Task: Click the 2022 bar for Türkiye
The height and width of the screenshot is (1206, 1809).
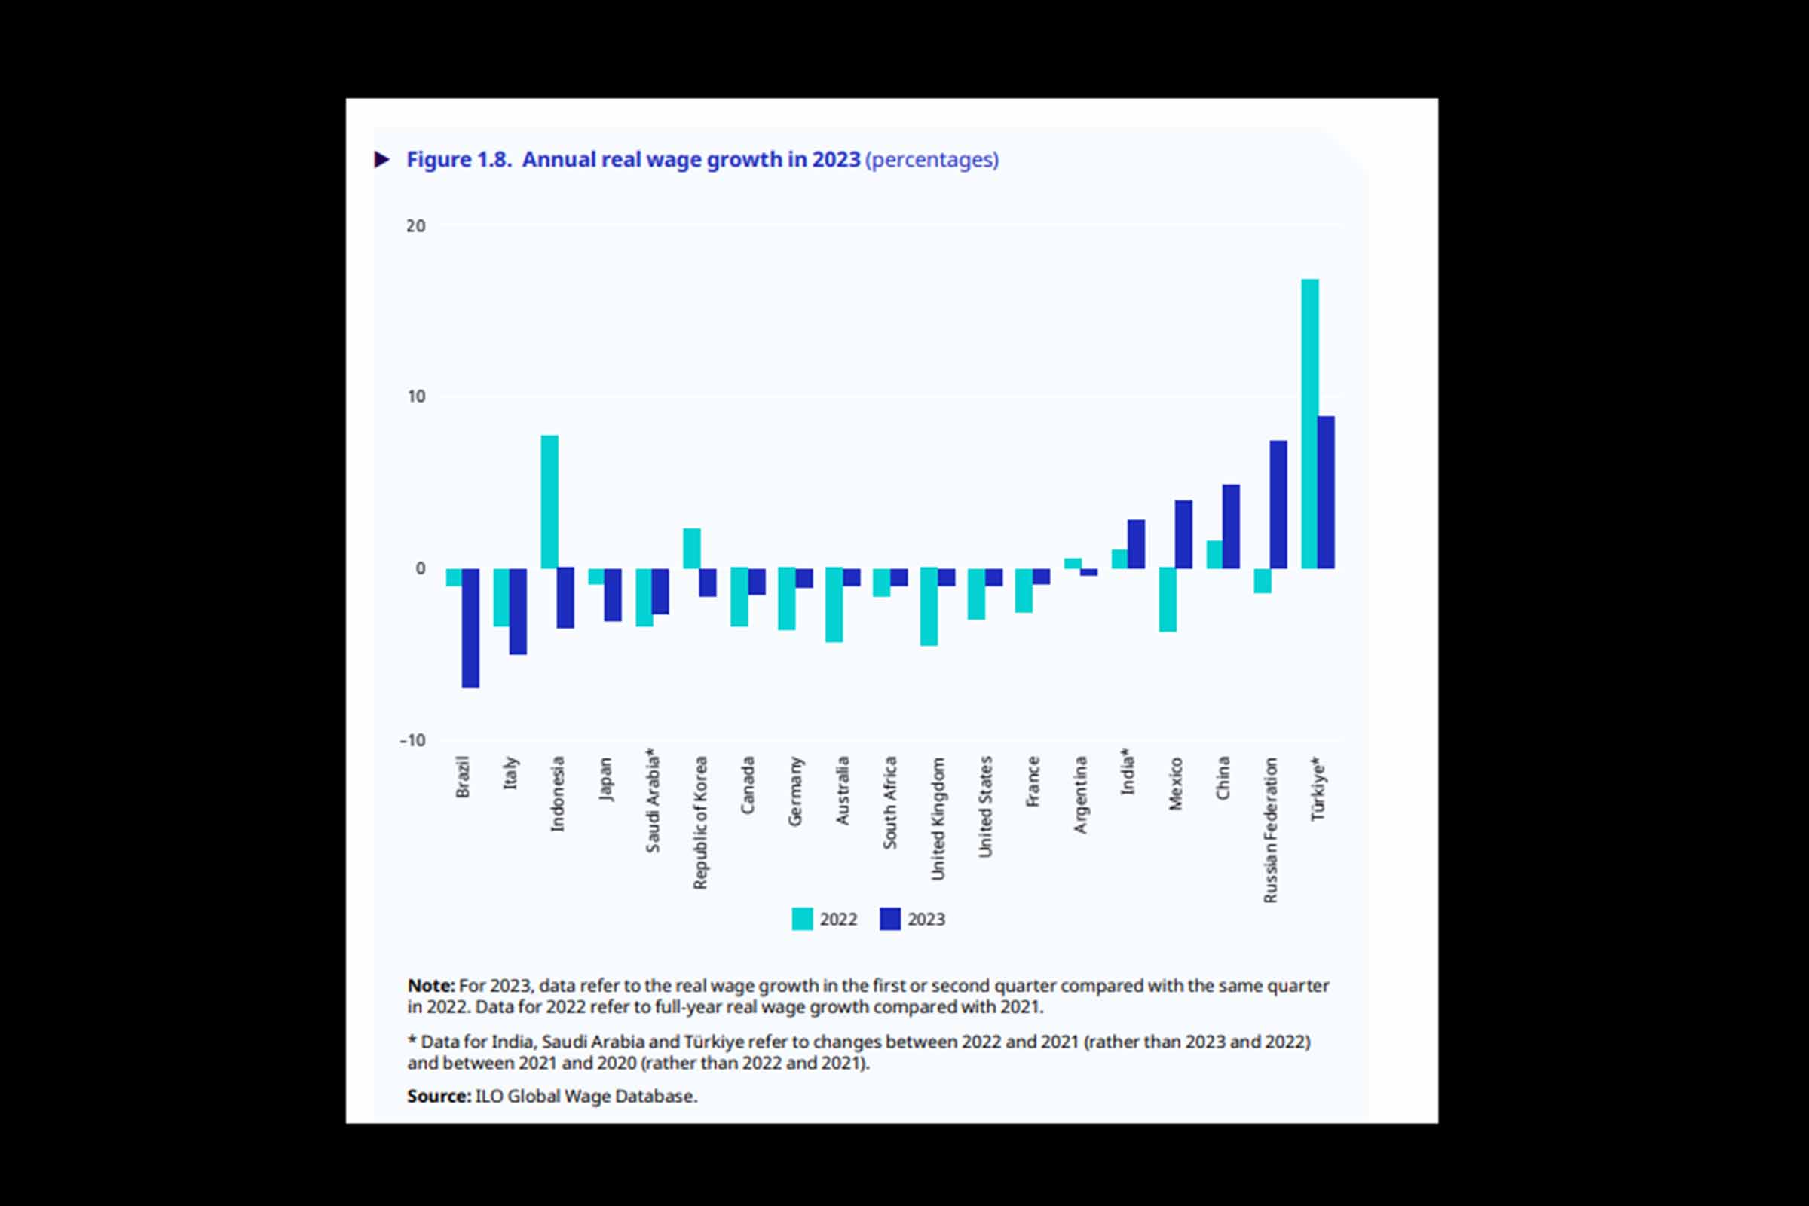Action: (x=1309, y=424)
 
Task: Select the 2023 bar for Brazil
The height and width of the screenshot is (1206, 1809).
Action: (x=470, y=628)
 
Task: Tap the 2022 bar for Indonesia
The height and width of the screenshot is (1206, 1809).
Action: (x=549, y=501)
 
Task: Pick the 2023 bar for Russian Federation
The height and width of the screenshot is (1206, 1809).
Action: (x=1278, y=504)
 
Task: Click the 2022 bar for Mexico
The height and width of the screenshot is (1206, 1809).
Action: (x=1168, y=600)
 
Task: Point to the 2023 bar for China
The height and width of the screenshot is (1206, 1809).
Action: (x=1231, y=526)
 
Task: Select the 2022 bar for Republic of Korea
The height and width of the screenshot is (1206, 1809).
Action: (x=691, y=549)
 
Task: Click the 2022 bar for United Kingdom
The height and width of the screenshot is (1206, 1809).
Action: (x=929, y=607)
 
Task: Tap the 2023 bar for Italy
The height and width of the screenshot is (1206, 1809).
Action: (x=518, y=611)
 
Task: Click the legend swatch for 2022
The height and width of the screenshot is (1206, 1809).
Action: (x=802, y=919)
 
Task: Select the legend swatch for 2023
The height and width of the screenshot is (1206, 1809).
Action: (x=890, y=919)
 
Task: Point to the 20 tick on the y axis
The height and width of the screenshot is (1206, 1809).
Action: (x=415, y=226)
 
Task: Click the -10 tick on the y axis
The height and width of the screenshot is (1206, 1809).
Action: (x=412, y=740)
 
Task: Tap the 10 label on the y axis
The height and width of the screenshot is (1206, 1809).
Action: (x=415, y=397)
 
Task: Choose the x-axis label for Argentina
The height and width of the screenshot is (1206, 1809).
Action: (x=1081, y=794)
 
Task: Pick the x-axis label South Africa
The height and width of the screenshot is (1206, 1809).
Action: (x=890, y=802)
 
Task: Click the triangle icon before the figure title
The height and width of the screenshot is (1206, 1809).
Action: (x=381, y=159)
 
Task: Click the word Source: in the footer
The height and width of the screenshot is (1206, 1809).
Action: (x=439, y=1096)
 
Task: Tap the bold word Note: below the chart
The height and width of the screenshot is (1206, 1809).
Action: (x=430, y=985)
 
